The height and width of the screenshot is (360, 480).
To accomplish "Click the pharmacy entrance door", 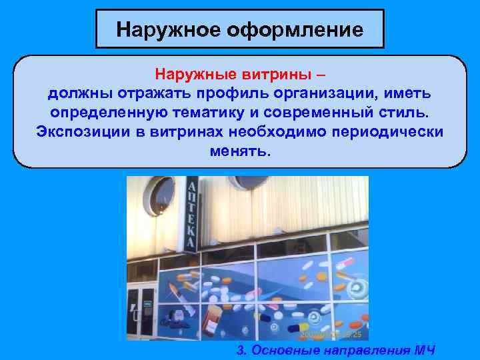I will point(142,310).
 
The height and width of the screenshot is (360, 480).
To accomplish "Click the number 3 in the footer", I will point(241,351).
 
